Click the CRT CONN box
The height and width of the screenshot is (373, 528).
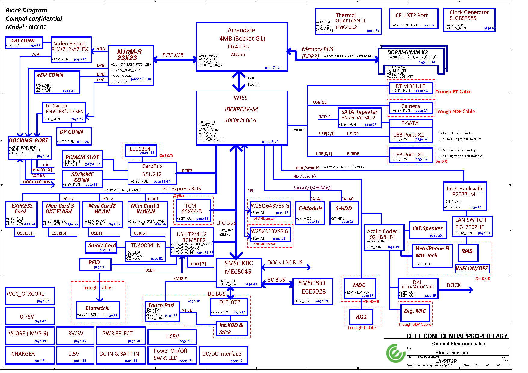pos(24,42)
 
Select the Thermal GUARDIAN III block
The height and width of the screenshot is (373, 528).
pos(348,21)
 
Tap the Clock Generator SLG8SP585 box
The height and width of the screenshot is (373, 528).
pos(469,20)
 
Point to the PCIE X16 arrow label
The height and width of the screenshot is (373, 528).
pos(173,55)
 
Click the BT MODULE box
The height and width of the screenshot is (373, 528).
pos(411,88)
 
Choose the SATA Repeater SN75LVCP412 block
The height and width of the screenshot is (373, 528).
pos(359,118)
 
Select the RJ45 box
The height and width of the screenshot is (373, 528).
pos(467,252)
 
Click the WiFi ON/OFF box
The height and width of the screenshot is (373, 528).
pos(472,268)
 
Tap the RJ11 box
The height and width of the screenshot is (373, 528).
pos(361,317)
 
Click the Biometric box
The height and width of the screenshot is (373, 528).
pos(98,310)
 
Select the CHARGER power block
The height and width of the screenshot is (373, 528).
pos(29,355)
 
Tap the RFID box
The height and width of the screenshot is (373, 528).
pos(95,264)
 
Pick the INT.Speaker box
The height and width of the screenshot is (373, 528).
pos(428,231)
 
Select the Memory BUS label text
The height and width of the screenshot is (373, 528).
pos(317,49)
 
